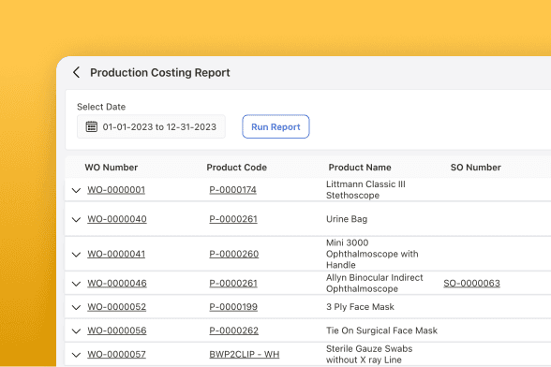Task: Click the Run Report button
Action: pyautogui.click(x=275, y=126)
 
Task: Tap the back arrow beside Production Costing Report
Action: pyautogui.click(x=76, y=72)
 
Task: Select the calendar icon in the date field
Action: pyautogui.click(x=92, y=126)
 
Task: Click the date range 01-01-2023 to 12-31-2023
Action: pyautogui.click(x=159, y=126)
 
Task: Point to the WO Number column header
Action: pyautogui.click(x=111, y=168)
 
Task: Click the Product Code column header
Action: pyautogui.click(x=236, y=168)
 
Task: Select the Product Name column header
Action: pyautogui.click(x=360, y=168)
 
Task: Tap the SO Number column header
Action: pyautogui.click(x=476, y=168)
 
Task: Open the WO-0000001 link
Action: pyautogui.click(x=116, y=190)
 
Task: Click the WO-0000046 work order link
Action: pyautogui.click(x=117, y=283)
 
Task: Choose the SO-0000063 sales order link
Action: pyautogui.click(x=471, y=283)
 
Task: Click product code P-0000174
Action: pyautogui.click(x=232, y=190)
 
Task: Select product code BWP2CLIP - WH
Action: pyautogui.click(x=245, y=354)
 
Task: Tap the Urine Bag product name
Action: pyautogui.click(x=347, y=219)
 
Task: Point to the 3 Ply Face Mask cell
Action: pyautogui.click(x=360, y=306)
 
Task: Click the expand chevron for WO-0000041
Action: pyautogui.click(x=76, y=255)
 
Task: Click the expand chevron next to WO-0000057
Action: pyautogui.click(x=76, y=355)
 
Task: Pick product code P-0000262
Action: pyautogui.click(x=233, y=330)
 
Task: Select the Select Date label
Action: pyautogui.click(x=101, y=107)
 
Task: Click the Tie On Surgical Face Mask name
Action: pyautogui.click(x=381, y=330)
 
